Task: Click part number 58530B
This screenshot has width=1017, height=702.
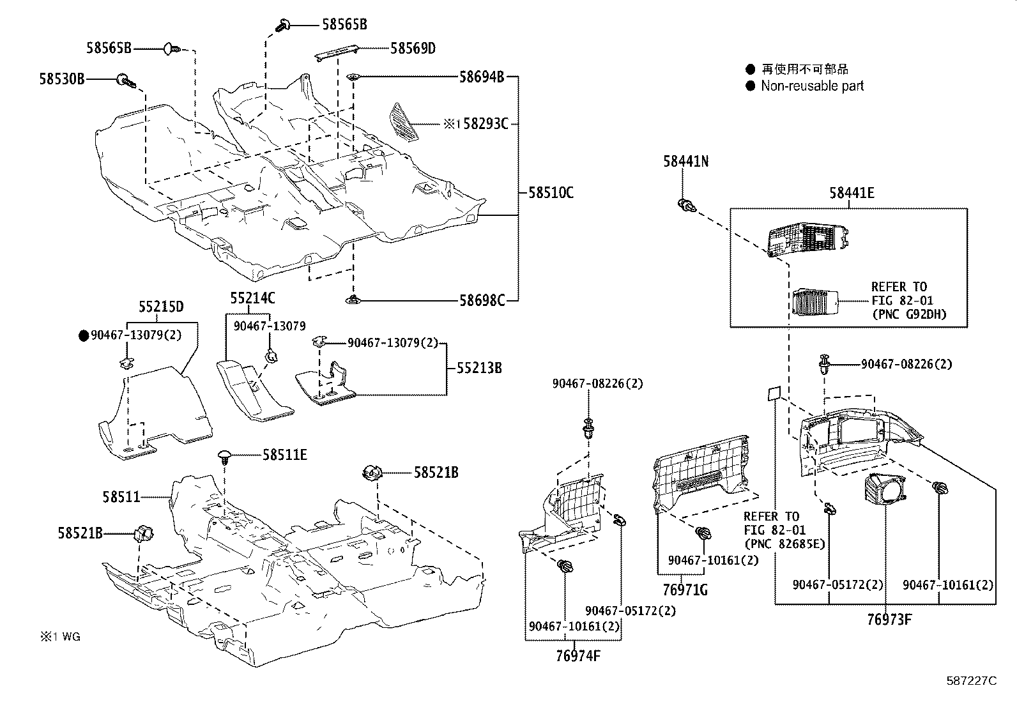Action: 61,79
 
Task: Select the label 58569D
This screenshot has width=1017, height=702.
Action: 413,49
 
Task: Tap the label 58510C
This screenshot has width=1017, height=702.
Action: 550,192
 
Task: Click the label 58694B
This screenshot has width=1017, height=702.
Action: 482,77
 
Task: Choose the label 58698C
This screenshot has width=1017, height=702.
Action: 482,300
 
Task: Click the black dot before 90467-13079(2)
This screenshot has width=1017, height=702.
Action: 83,335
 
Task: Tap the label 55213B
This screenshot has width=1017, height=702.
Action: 478,369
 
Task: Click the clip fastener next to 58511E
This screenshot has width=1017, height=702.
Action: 224,455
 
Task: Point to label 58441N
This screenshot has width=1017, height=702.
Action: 685,162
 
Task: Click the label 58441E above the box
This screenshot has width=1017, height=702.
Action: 852,193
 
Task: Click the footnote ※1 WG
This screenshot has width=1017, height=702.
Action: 61,636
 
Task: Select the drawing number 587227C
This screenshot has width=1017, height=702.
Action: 971,681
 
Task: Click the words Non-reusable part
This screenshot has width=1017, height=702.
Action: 812,86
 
